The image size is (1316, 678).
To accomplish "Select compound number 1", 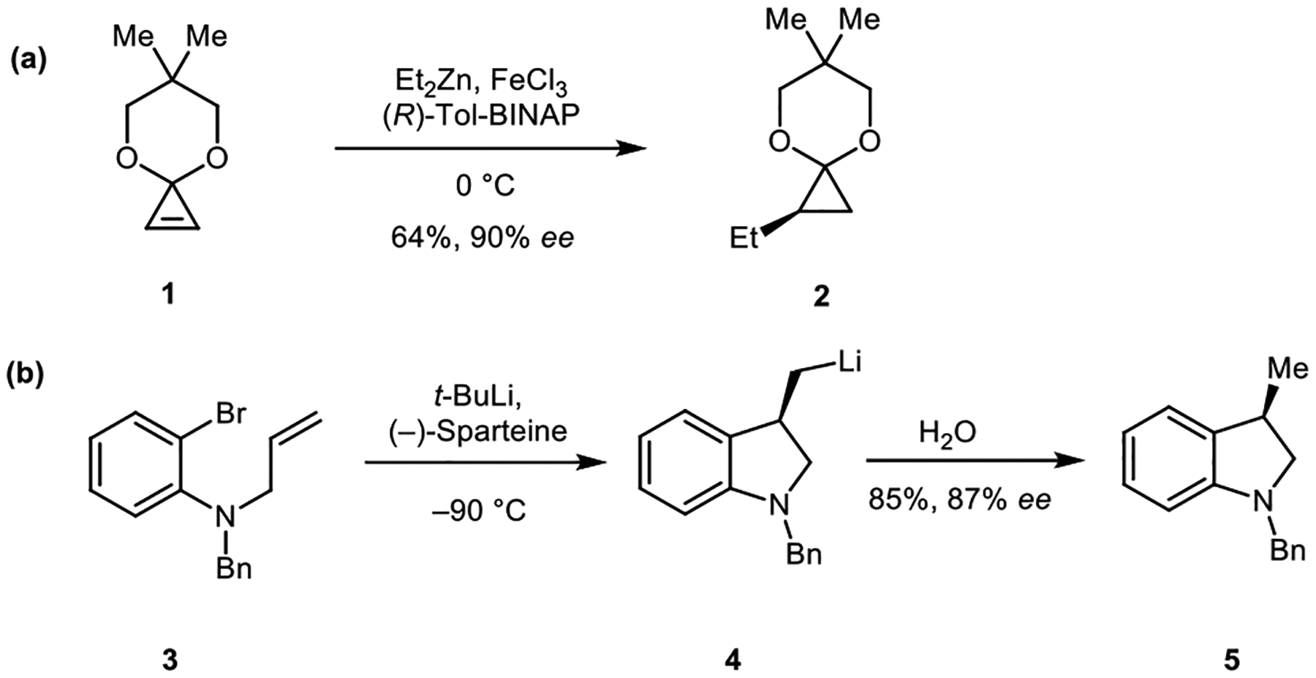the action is (x=169, y=295).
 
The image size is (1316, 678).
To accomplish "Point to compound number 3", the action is (x=169, y=661).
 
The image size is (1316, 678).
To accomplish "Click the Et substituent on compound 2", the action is (x=745, y=239).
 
